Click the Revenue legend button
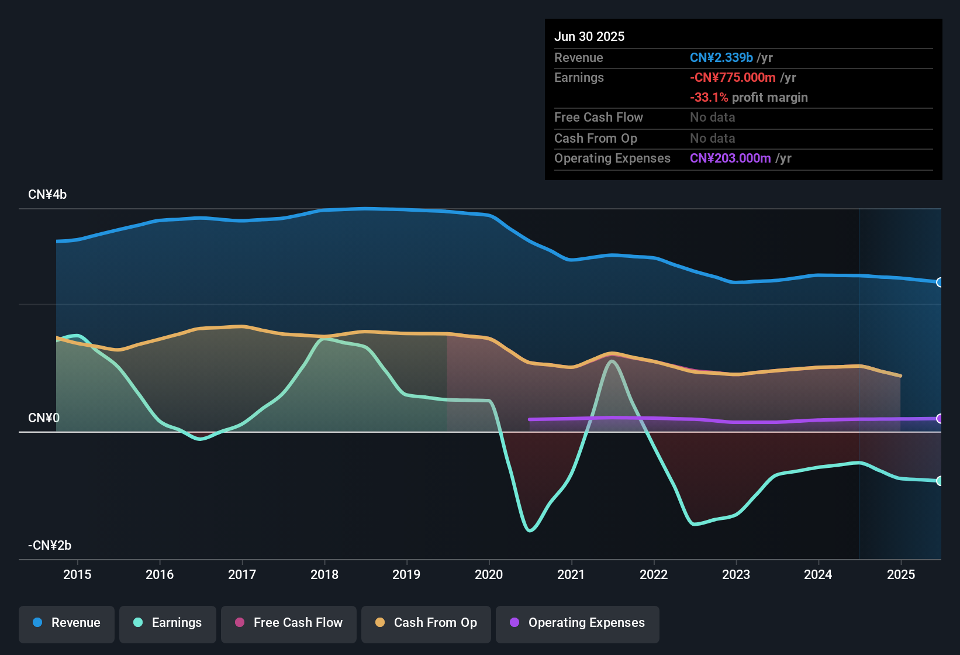(67, 623)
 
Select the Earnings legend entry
(168, 623)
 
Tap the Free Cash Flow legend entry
(289, 623)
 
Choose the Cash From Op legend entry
(426, 623)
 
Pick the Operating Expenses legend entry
(578, 623)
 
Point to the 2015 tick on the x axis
(77, 574)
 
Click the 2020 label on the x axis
(489, 574)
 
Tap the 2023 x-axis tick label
(736, 574)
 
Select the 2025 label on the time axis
(901, 574)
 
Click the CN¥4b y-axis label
(47, 195)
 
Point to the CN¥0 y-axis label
(44, 418)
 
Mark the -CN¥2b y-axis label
(50, 546)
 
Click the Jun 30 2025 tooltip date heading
(589, 37)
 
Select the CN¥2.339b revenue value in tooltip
(721, 58)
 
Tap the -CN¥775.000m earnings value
(733, 78)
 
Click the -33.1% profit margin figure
(709, 98)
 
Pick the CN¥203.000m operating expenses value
(730, 158)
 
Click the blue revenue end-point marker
(940, 282)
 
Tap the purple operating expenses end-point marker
(940, 419)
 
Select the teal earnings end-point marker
(940, 481)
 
